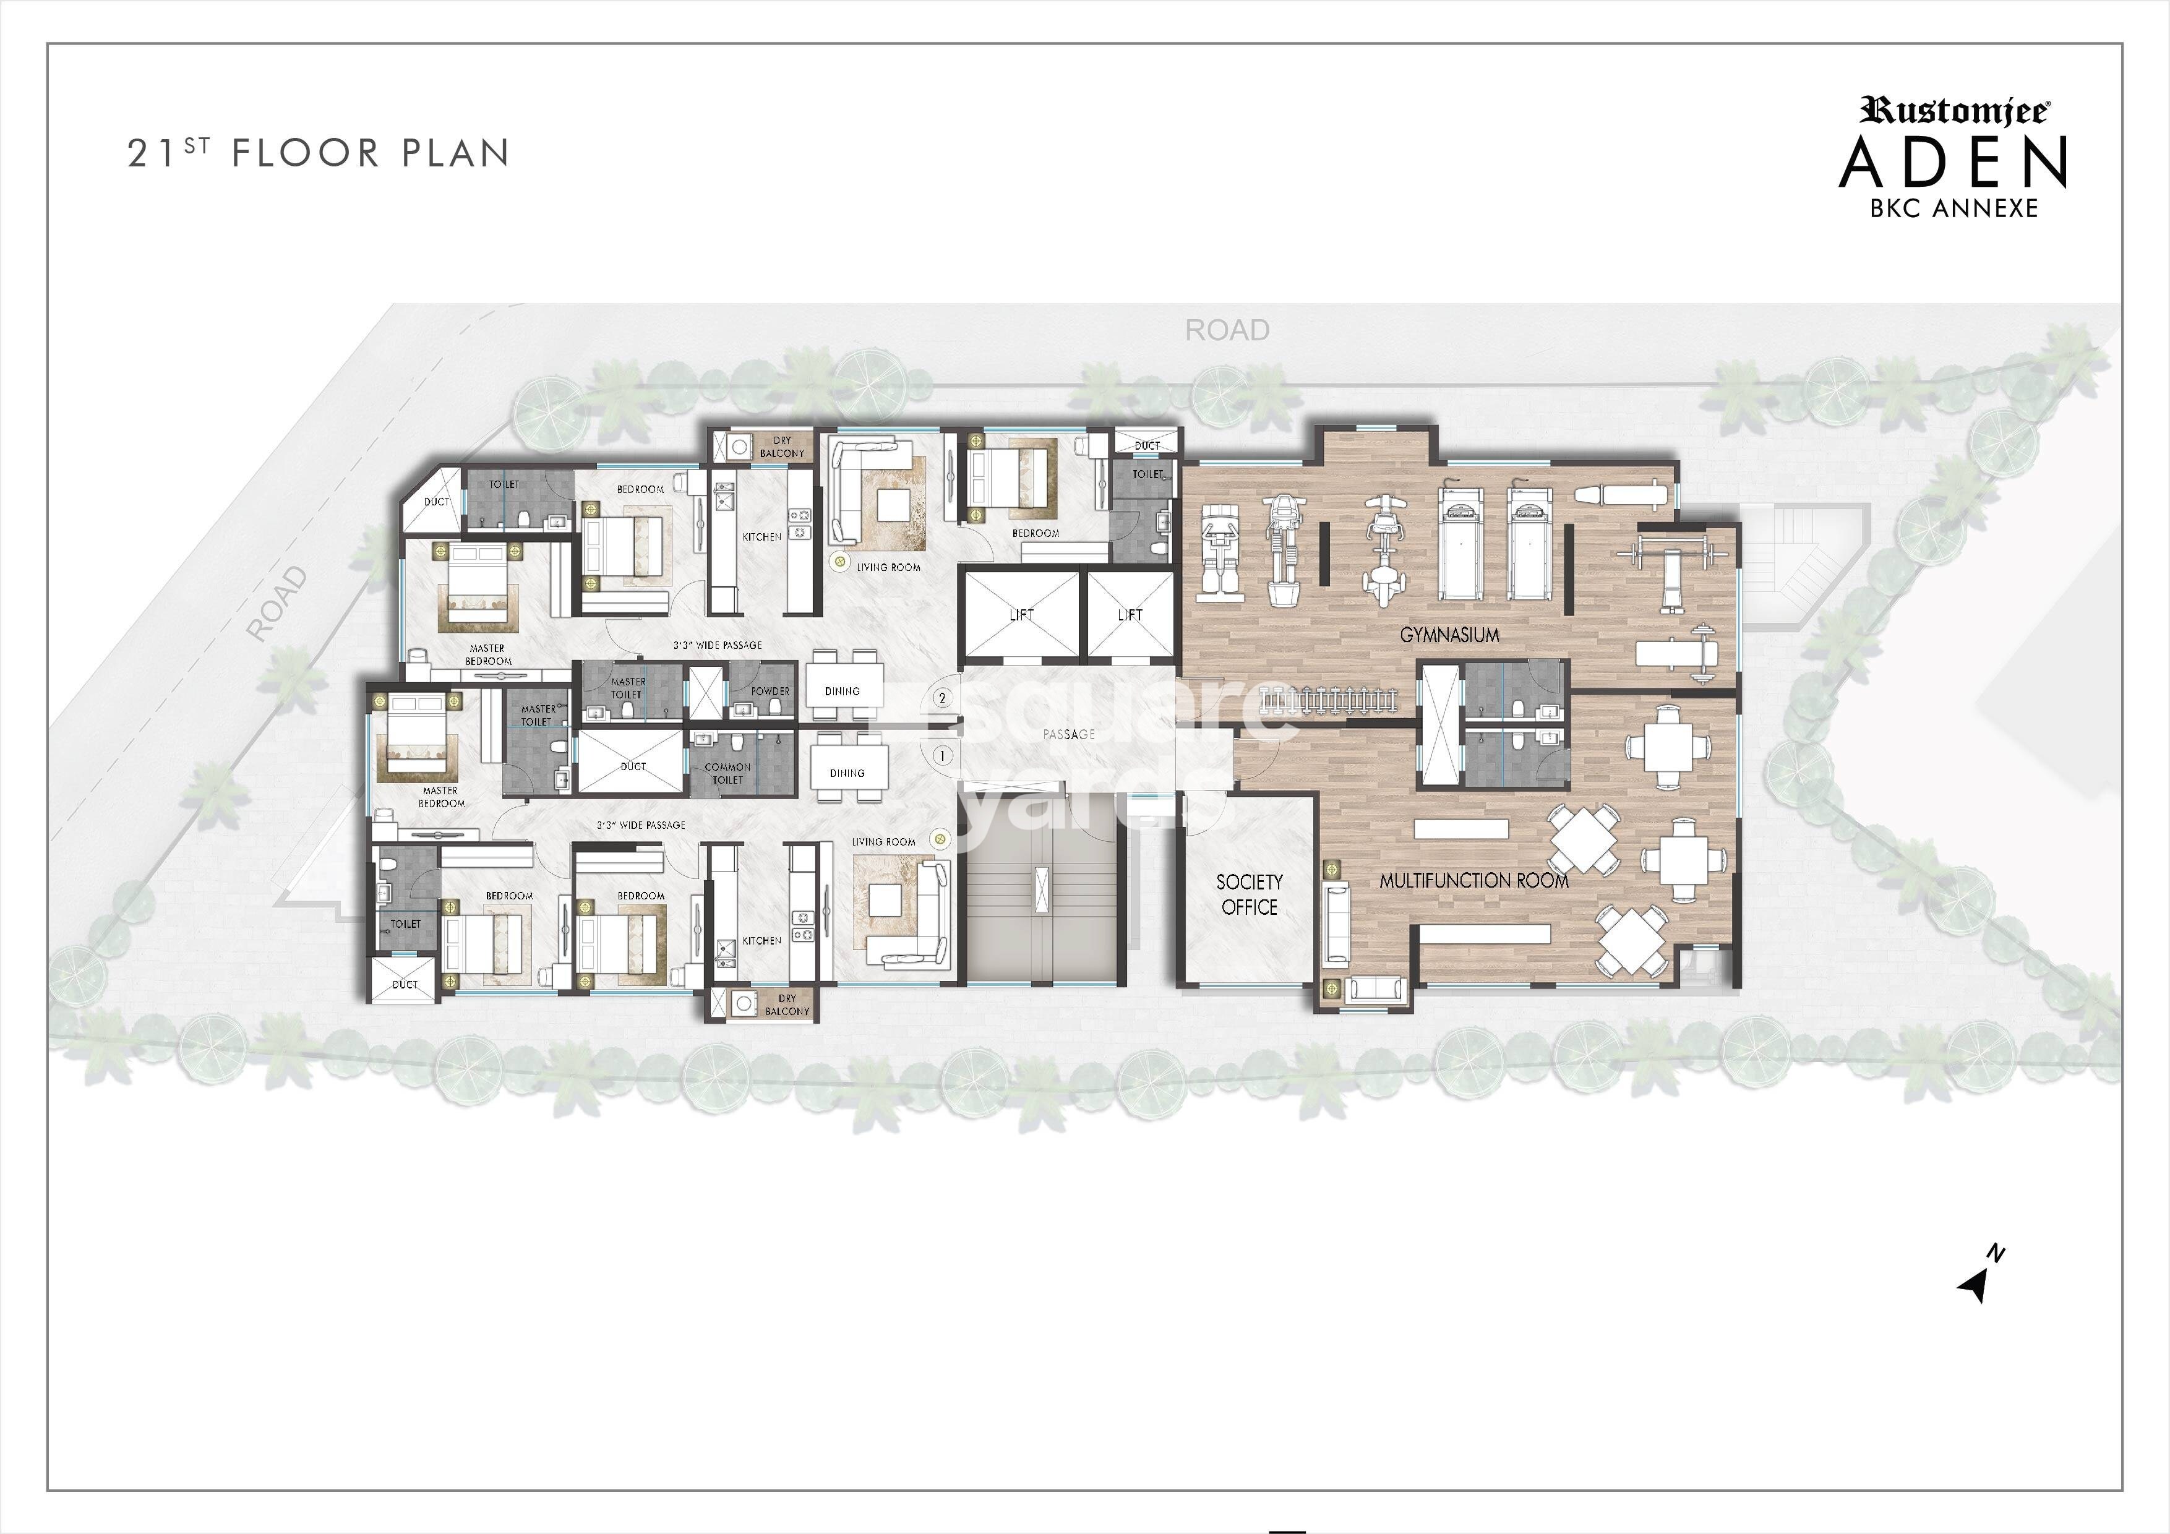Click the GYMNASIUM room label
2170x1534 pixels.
1449,635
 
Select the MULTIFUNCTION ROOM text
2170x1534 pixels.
1473,881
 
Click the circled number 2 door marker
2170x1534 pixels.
942,698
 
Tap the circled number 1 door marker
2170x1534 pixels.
942,755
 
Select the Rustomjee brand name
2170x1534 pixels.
1953,111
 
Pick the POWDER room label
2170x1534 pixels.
770,691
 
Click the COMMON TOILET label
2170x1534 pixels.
727,773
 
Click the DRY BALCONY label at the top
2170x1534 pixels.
782,447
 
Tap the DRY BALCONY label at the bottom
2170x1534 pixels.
786,1005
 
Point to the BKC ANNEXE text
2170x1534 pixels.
1953,208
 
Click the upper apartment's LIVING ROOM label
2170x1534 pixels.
888,567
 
